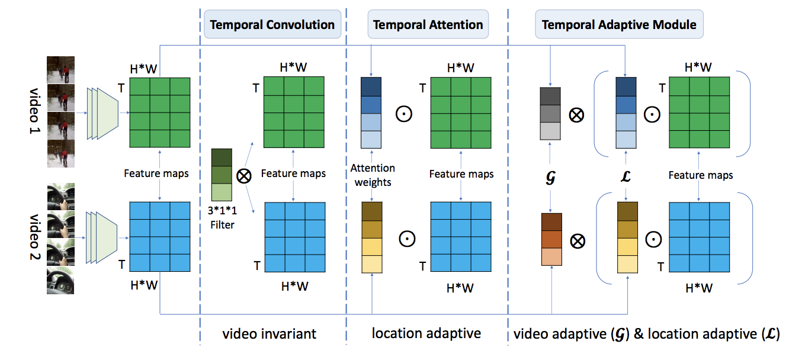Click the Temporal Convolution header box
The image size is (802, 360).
pyautogui.click(x=272, y=25)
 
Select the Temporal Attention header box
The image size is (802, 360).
pyautogui.click(x=428, y=25)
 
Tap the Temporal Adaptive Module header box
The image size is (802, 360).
pyautogui.click(x=619, y=25)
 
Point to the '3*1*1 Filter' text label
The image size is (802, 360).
pyautogui.click(x=223, y=217)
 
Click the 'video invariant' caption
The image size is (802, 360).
pyautogui.click(x=270, y=333)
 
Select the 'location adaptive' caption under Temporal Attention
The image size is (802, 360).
pyautogui.click(x=426, y=333)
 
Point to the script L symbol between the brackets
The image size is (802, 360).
pyautogui.click(x=625, y=176)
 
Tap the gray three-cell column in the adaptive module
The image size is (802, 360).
pyautogui.click(x=550, y=113)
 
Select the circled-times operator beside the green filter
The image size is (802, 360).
pyautogui.click(x=243, y=176)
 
